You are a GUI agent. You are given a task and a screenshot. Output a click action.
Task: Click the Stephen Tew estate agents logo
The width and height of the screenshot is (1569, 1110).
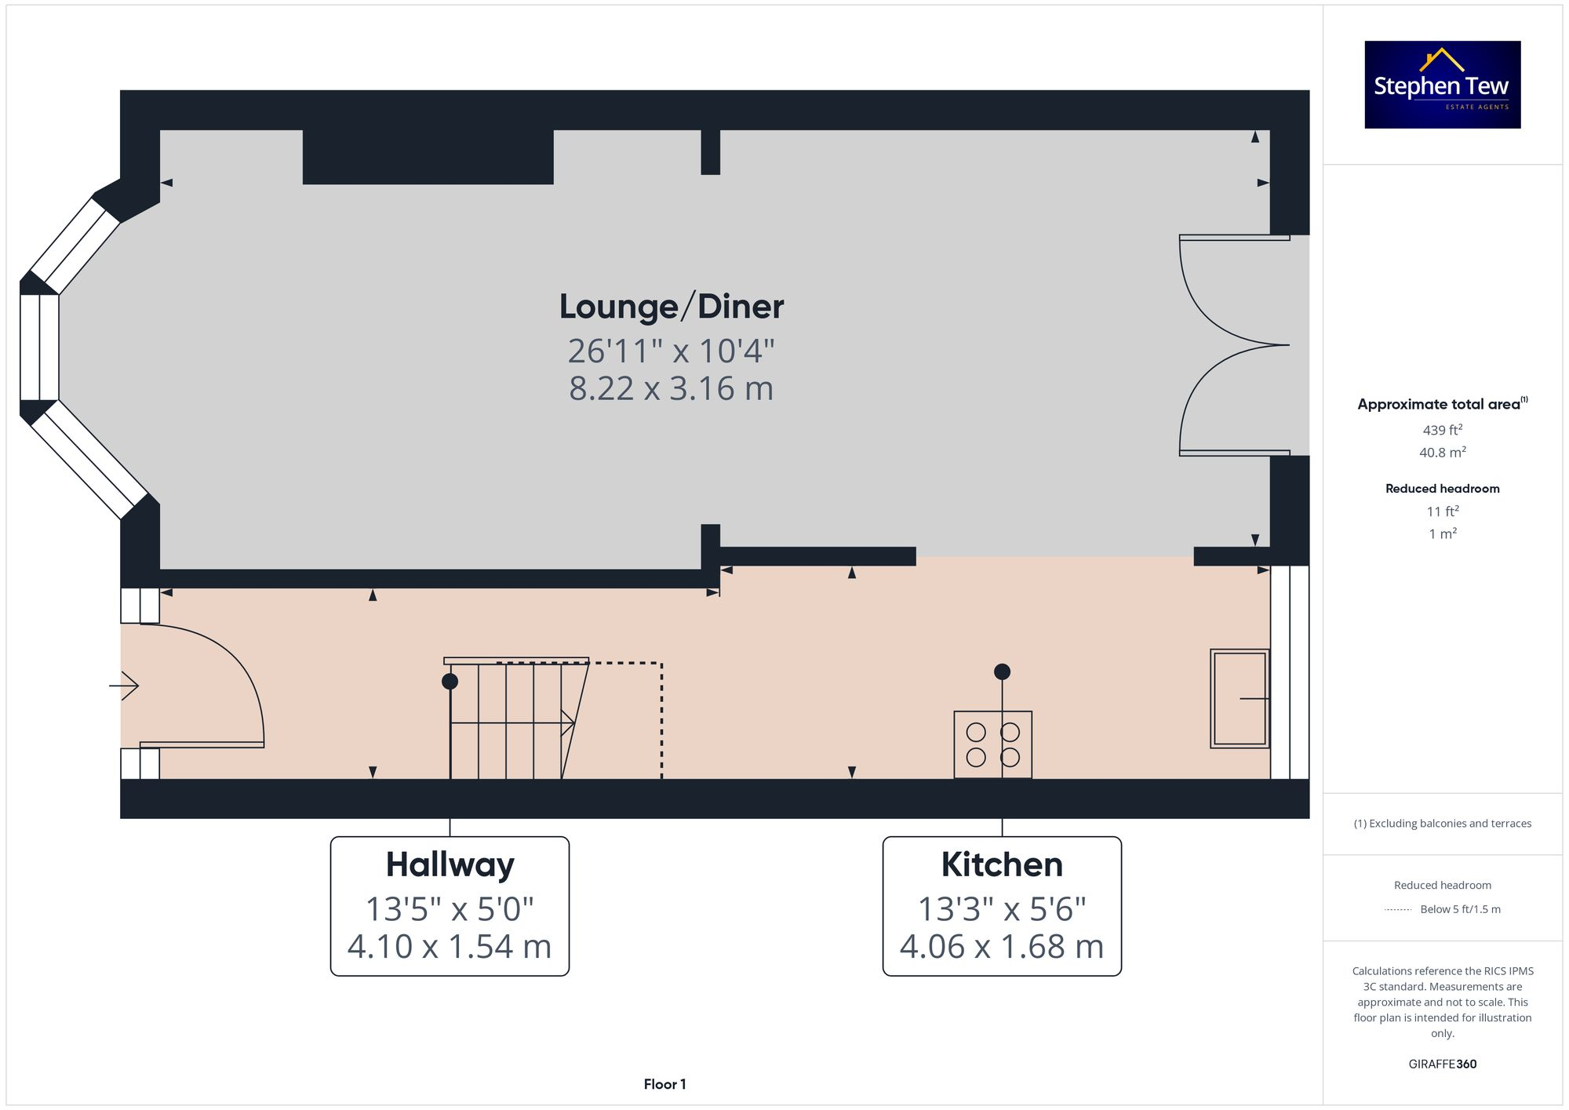(x=1442, y=85)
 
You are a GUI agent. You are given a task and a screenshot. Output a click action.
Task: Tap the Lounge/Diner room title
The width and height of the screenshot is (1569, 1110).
(x=672, y=307)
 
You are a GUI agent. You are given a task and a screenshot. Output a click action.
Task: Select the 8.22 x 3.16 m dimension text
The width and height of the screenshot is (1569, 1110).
(x=672, y=389)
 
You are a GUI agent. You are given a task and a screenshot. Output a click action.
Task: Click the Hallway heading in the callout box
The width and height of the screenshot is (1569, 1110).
(x=450, y=864)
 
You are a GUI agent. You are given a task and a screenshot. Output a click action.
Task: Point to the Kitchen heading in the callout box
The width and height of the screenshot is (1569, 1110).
(x=1002, y=864)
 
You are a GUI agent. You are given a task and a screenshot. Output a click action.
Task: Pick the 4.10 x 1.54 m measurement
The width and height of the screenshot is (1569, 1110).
(x=450, y=947)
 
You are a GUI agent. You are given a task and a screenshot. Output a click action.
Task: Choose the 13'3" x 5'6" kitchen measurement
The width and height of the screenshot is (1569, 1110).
(x=1002, y=909)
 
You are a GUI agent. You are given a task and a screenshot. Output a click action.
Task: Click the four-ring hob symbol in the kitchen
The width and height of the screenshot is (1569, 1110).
(x=992, y=744)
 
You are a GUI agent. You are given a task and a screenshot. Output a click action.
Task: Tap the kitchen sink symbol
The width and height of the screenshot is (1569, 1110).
(x=1240, y=698)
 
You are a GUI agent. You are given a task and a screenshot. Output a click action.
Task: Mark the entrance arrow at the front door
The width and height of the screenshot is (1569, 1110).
(x=124, y=686)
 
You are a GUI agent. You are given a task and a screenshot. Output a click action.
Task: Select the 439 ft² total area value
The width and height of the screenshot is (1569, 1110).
(x=1442, y=430)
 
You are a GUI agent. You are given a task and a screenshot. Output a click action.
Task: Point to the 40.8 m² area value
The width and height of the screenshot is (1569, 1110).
(x=1442, y=453)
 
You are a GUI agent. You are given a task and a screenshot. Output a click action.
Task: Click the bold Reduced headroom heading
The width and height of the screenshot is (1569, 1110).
(x=1442, y=489)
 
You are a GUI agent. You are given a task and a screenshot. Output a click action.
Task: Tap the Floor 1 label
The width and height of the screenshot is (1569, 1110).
(x=664, y=1084)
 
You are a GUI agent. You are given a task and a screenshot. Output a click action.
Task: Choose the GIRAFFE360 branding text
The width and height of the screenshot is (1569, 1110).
(x=1442, y=1065)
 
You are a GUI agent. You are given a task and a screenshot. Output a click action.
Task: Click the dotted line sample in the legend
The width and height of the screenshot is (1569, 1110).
(x=1398, y=910)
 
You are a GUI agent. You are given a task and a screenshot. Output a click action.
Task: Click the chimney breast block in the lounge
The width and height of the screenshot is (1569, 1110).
(x=428, y=157)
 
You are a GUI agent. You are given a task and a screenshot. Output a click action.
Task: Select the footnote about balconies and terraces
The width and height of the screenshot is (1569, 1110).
(x=1442, y=824)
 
